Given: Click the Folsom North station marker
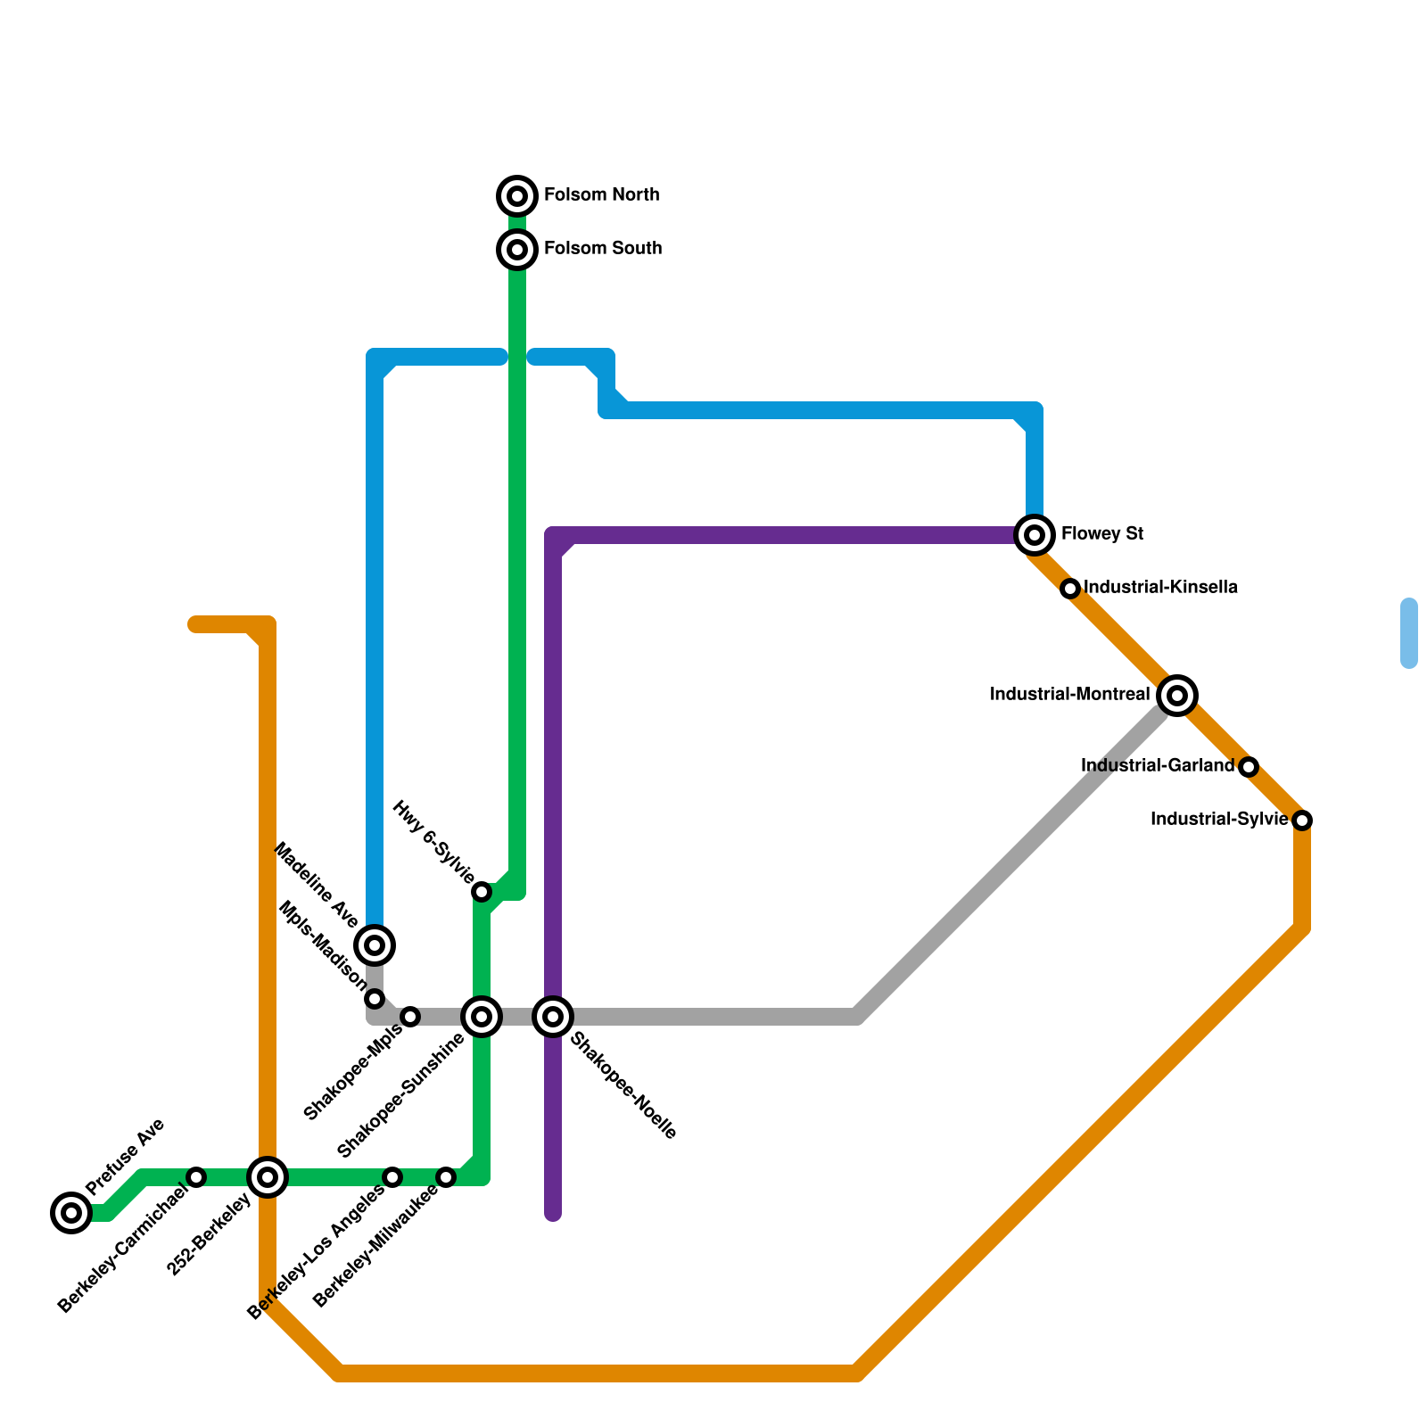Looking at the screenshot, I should [x=517, y=195].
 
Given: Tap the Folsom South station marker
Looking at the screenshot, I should [x=517, y=250].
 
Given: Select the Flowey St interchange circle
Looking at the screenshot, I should [x=1035, y=535].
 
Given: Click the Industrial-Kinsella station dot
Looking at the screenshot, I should [x=1070, y=589].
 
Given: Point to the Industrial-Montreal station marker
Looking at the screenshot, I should [x=1177, y=696].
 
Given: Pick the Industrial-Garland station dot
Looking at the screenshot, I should [x=1249, y=767].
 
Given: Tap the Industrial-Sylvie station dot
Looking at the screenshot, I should [x=1302, y=821].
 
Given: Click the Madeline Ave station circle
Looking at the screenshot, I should [x=375, y=945].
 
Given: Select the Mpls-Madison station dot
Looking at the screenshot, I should [x=375, y=999].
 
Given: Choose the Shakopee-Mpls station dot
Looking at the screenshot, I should [x=410, y=1017].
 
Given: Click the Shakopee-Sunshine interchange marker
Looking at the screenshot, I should [x=482, y=1017].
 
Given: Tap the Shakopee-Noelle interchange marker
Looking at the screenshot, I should [x=553, y=1017].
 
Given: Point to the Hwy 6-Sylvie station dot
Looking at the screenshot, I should [x=482, y=892].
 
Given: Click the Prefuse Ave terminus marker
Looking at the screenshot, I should [x=71, y=1213].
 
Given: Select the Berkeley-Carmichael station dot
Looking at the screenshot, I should [x=197, y=1177].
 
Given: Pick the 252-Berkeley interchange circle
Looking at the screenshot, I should [x=268, y=1177].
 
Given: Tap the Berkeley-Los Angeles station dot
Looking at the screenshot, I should [x=392, y=1177].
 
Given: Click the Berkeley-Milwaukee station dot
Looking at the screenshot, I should [x=446, y=1177].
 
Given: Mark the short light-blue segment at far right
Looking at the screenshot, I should [x=1409, y=633].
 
